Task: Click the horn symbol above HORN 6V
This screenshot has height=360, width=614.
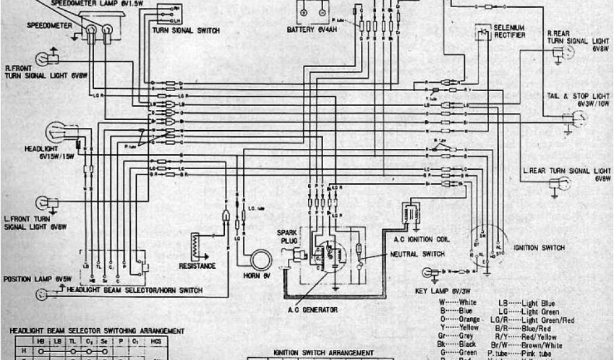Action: click(261, 260)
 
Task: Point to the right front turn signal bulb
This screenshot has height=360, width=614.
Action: click(44, 58)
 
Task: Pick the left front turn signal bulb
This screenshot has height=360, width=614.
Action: click(44, 202)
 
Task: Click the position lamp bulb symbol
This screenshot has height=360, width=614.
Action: click(43, 293)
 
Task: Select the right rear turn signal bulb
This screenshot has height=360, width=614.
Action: click(567, 52)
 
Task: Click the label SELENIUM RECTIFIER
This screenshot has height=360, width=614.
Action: click(509, 32)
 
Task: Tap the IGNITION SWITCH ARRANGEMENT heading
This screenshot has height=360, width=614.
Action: click(323, 353)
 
